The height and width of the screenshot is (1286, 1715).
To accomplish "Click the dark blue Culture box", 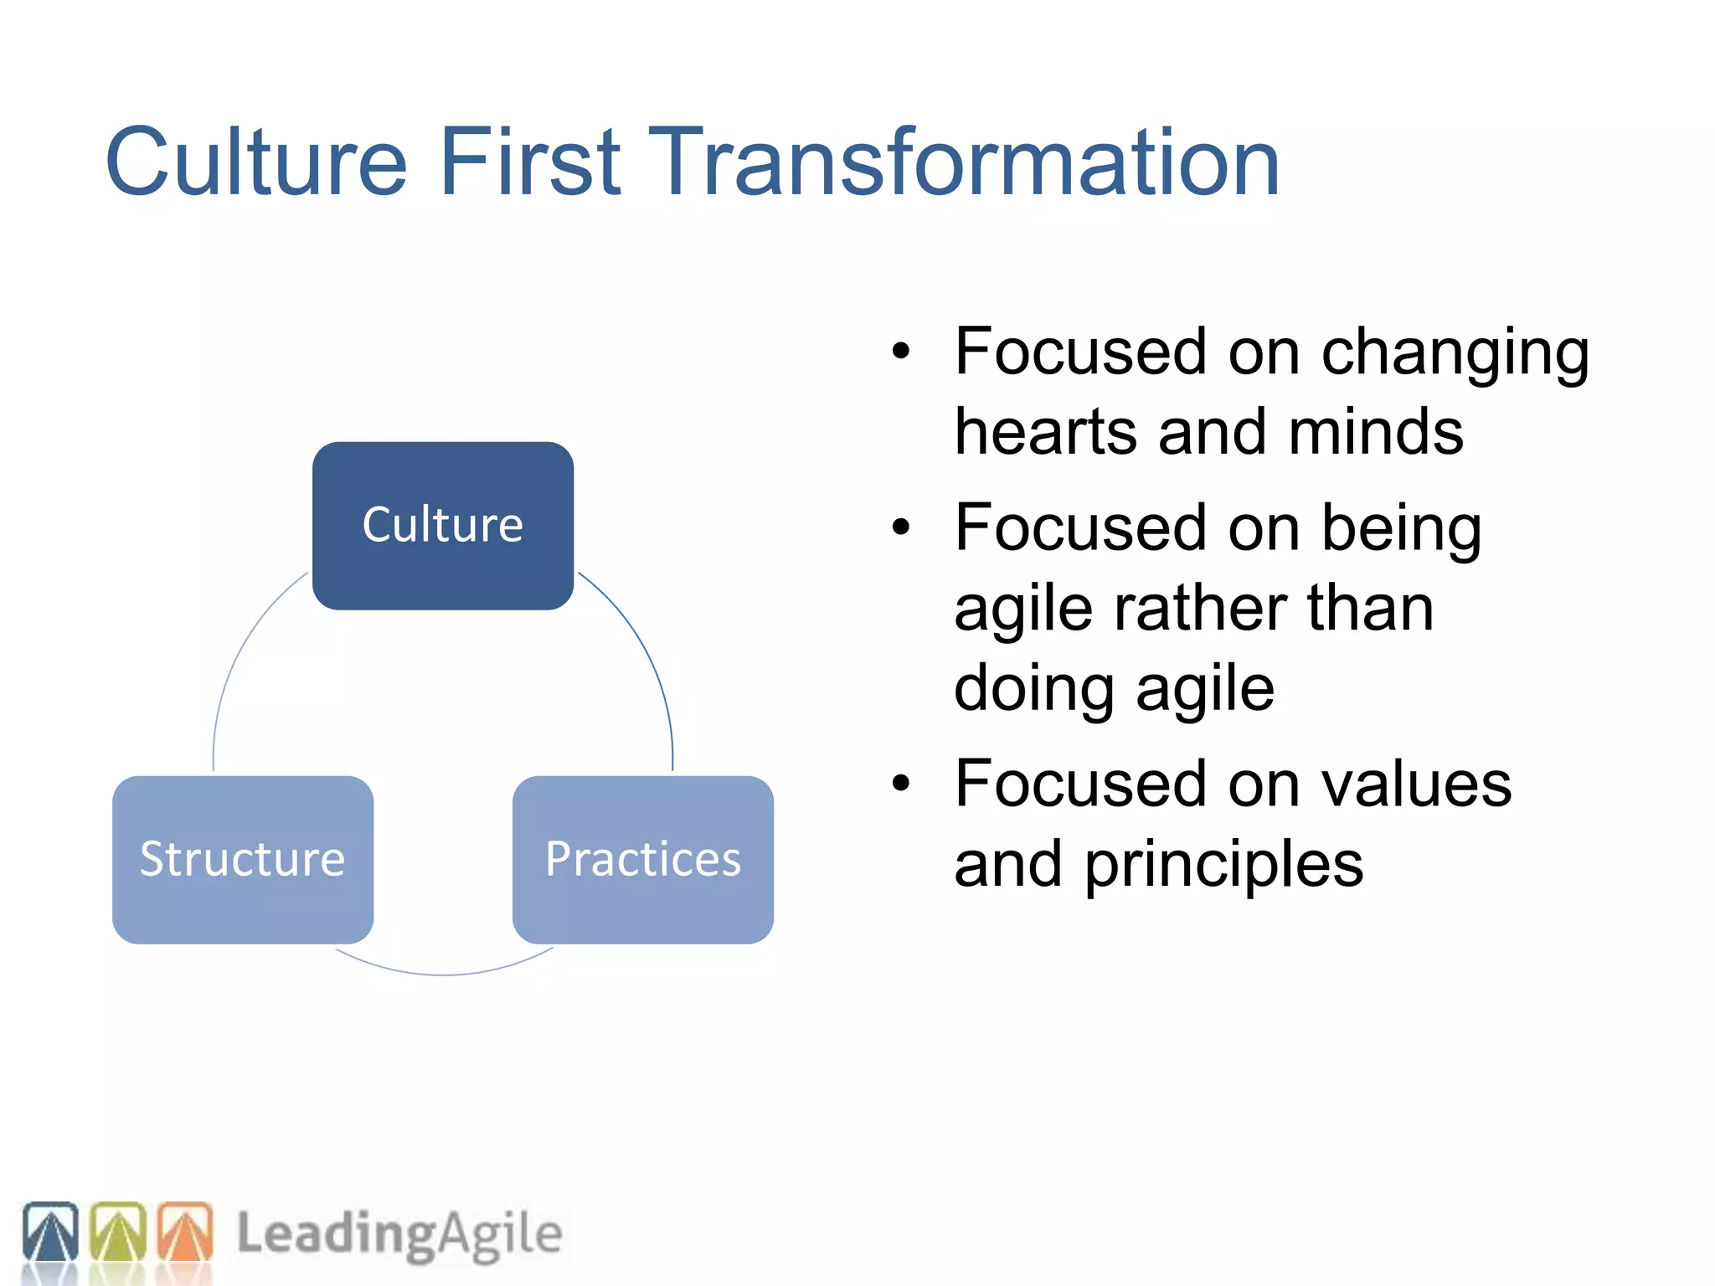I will point(442,526).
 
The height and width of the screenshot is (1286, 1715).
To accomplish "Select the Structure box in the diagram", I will point(243,860).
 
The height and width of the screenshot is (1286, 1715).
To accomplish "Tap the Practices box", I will point(642,860).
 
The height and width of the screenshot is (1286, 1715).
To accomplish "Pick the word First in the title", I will point(529,162).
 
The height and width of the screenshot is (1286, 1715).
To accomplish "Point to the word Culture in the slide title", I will point(256,162).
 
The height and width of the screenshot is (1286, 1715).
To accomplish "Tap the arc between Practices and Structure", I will point(444,974).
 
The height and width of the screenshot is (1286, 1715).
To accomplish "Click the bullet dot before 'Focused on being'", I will point(900,528).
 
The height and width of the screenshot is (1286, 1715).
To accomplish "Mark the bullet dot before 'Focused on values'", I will point(900,784).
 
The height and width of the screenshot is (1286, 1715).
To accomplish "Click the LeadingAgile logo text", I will point(399,1234).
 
